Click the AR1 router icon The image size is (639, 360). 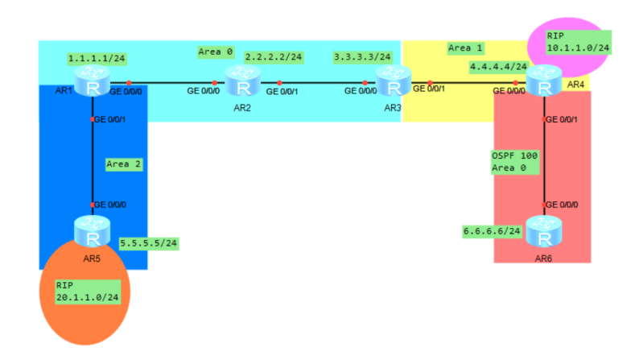tap(93, 81)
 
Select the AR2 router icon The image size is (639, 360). tap(240, 81)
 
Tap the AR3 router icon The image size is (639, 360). tap(394, 81)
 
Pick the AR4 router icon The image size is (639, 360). tap(545, 81)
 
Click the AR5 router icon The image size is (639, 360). tap(93, 232)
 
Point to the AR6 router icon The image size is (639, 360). tap(545, 232)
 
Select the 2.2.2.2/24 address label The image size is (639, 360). tap(274, 57)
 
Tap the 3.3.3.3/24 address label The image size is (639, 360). tap(362, 57)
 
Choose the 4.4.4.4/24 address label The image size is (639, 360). tap(498, 67)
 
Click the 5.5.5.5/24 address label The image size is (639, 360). tap(148, 242)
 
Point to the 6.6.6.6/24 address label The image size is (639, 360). tap(491, 231)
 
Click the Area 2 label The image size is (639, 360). tap(123, 163)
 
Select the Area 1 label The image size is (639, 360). tap(460, 48)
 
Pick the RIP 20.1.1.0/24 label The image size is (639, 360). tap(87, 292)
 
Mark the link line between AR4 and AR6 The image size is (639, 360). tap(545, 161)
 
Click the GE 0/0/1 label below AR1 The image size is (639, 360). tap(111, 119)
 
